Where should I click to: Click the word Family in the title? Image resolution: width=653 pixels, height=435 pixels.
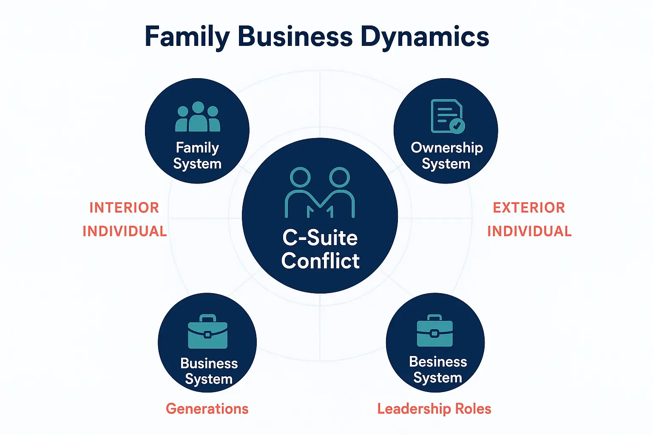click(x=187, y=37)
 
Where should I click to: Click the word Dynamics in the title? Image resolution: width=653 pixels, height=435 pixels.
click(x=425, y=37)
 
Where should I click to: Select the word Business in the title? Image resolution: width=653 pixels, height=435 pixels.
click(x=295, y=37)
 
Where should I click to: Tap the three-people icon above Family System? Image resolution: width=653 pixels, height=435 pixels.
click(x=198, y=117)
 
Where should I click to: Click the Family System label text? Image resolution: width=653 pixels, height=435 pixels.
click(x=197, y=155)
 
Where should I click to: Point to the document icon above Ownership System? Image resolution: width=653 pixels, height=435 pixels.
click(x=447, y=116)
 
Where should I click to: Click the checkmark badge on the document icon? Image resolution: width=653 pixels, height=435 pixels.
click(x=457, y=125)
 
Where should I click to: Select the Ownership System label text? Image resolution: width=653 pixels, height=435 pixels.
click(x=446, y=155)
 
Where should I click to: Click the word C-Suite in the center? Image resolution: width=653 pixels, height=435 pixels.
click(x=320, y=237)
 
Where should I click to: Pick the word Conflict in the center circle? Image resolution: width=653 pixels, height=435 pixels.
click(x=320, y=260)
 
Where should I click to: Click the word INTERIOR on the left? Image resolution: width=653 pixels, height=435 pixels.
click(x=124, y=208)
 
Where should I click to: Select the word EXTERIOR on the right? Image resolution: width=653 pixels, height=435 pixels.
click(x=529, y=208)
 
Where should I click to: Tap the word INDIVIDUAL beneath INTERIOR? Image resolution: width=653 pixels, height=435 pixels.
click(x=125, y=231)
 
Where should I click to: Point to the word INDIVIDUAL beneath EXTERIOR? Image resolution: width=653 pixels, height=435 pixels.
click(x=529, y=231)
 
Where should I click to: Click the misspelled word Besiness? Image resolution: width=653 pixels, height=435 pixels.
click(x=438, y=362)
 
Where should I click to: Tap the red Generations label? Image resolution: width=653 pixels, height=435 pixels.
click(x=207, y=409)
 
